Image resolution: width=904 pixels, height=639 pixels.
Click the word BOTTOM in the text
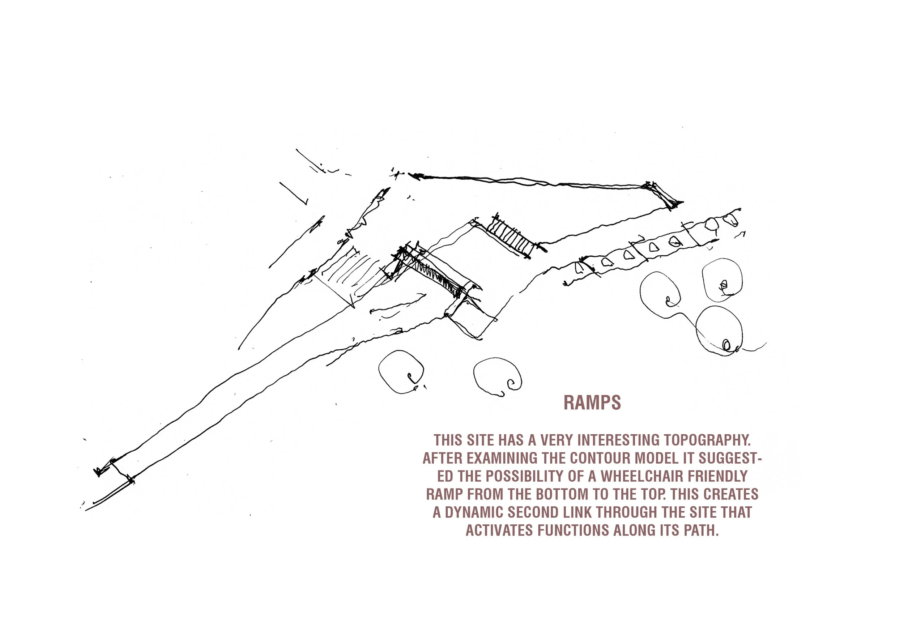point(560,494)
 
